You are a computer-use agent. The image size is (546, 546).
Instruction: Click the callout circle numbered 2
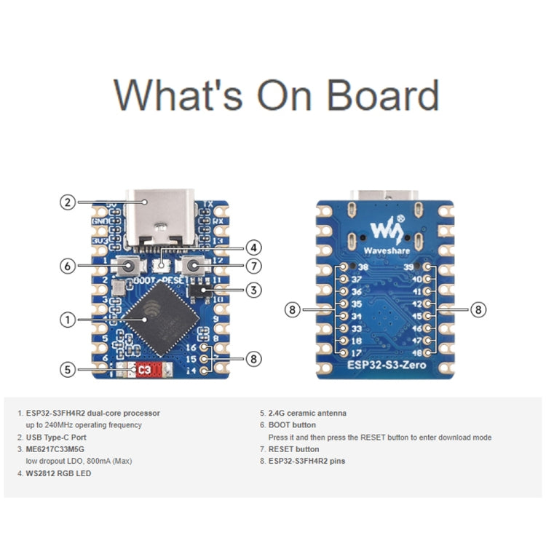[x=68, y=203]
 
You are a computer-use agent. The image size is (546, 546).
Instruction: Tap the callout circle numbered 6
[x=68, y=266]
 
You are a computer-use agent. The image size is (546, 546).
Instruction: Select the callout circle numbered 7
[x=253, y=266]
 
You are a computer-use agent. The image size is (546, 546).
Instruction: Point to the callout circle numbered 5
[x=68, y=369]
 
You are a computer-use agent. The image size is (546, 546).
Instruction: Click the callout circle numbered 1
[x=68, y=319]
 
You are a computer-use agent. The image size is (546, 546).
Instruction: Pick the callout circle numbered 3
[x=253, y=290]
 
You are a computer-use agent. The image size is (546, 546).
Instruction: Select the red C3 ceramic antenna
[x=144, y=370]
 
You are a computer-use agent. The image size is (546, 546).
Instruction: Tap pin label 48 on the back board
[x=416, y=351]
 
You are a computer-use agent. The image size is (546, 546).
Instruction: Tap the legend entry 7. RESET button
[x=289, y=449]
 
